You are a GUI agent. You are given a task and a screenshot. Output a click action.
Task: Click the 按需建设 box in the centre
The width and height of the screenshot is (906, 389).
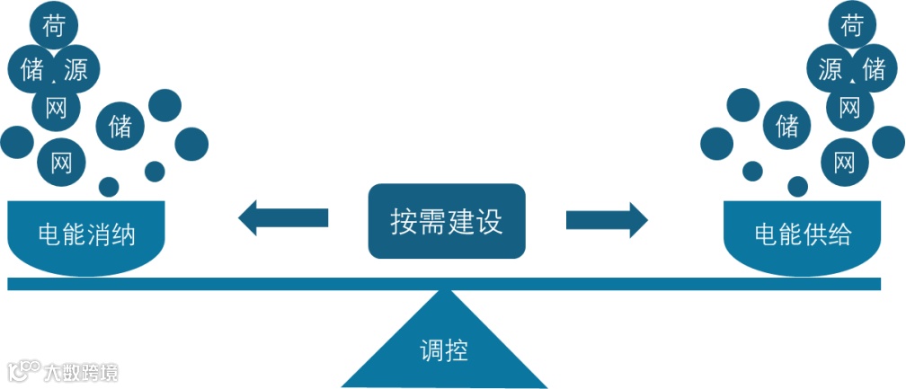pos(446,221)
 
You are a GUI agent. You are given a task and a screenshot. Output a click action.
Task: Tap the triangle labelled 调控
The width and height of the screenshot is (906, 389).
pos(444,346)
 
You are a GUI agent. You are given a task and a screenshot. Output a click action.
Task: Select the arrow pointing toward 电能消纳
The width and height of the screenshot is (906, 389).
pos(282,218)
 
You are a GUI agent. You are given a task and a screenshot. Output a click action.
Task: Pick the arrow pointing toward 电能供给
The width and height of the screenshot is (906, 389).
pos(607,218)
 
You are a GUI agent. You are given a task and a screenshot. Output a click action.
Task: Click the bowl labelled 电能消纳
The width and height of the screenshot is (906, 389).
pos(85,235)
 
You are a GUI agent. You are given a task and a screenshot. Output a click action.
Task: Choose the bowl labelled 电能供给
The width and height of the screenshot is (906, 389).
pos(802,235)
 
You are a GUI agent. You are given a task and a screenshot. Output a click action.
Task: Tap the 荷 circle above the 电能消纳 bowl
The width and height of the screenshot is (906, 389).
pos(53,26)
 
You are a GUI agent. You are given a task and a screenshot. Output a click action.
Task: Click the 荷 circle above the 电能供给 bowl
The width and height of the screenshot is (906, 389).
pos(851,26)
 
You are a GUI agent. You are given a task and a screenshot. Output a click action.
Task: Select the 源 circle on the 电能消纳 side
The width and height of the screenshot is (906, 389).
pos(75,69)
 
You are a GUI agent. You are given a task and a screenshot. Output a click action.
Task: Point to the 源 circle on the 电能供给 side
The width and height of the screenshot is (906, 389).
pos(830,69)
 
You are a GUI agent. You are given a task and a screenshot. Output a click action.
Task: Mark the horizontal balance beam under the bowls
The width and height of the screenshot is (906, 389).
pos(444,284)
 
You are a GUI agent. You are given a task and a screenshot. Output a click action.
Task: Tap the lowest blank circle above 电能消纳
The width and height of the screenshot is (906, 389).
pos(109,186)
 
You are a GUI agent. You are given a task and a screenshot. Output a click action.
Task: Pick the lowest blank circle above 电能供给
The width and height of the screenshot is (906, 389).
pos(797,186)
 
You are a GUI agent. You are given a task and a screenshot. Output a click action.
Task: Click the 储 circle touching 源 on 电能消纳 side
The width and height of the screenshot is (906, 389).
pos(31,69)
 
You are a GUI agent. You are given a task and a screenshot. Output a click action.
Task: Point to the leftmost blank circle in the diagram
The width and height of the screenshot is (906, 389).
pos(16,142)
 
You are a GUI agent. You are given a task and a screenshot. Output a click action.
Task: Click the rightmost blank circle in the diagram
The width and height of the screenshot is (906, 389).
pos(888,142)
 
